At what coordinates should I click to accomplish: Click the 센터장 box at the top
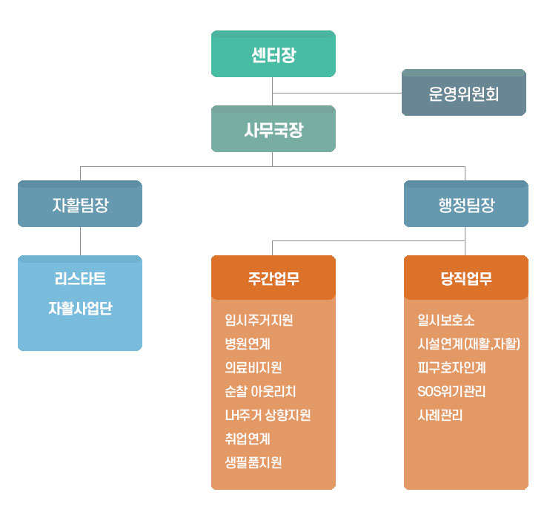pyautogui.click(x=273, y=54)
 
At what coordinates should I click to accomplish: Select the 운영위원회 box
pyautogui.click(x=463, y=93)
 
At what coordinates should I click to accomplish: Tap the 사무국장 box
pyautogui.click(x=273, y=129)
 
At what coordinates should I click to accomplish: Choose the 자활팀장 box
pyautogui.click(x=80, y=204)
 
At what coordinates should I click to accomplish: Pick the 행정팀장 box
pyautogui.click(x=465, y=204)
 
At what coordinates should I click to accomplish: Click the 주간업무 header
pyautogui.click(x=273, y=278)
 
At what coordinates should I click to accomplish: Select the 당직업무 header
pyautogui.click(x=465, y=278)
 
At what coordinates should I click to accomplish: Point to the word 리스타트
pyautogui.click(x=80, y=279)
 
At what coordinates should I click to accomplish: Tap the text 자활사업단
pyautogui.click(x=80, y=307)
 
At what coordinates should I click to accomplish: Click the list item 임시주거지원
pyautogui.click(x=259, y=321)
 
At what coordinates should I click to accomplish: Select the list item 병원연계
pyautogui.click(x=248, y=344)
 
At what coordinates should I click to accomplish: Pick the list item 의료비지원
pyautogui.click(x=253, y=367)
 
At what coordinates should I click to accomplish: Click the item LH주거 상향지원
pyautogui.click(x=267, y=415)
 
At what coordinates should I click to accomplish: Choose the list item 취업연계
pyautogui.click(x=248, y=439)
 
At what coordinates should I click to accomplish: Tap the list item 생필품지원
pyautogui.click(x=253, y=462)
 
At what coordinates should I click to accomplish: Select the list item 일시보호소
pyautogui.click(x=446, y=321)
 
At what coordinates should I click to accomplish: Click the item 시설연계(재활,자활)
pyautogui.click(x=468, y=344)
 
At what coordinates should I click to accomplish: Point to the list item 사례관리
pyautogui.click(x=440, y=415)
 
